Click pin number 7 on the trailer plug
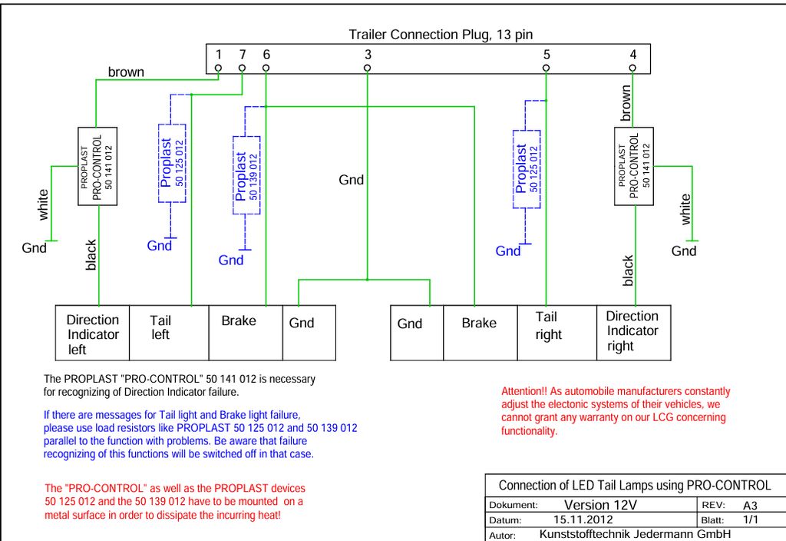(242, 68)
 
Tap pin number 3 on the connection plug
(368, 68)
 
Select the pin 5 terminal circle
(546, 68)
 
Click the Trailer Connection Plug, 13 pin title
(441, 35)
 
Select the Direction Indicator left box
(92, 333)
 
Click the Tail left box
(169, 333)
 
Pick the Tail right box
(557, 333)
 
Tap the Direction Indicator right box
(633, 333)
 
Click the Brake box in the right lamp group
(481, 333)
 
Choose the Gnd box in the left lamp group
(309, 333)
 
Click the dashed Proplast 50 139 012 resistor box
(246, 175)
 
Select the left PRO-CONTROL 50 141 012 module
(97, 166)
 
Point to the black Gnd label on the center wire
(351, 180)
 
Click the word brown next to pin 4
(626, 103)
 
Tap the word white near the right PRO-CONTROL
(685, 209)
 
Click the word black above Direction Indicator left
(91, 255)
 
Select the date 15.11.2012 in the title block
(583, 519)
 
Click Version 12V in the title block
(600, 505)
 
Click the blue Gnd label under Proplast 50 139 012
(230, 260)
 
